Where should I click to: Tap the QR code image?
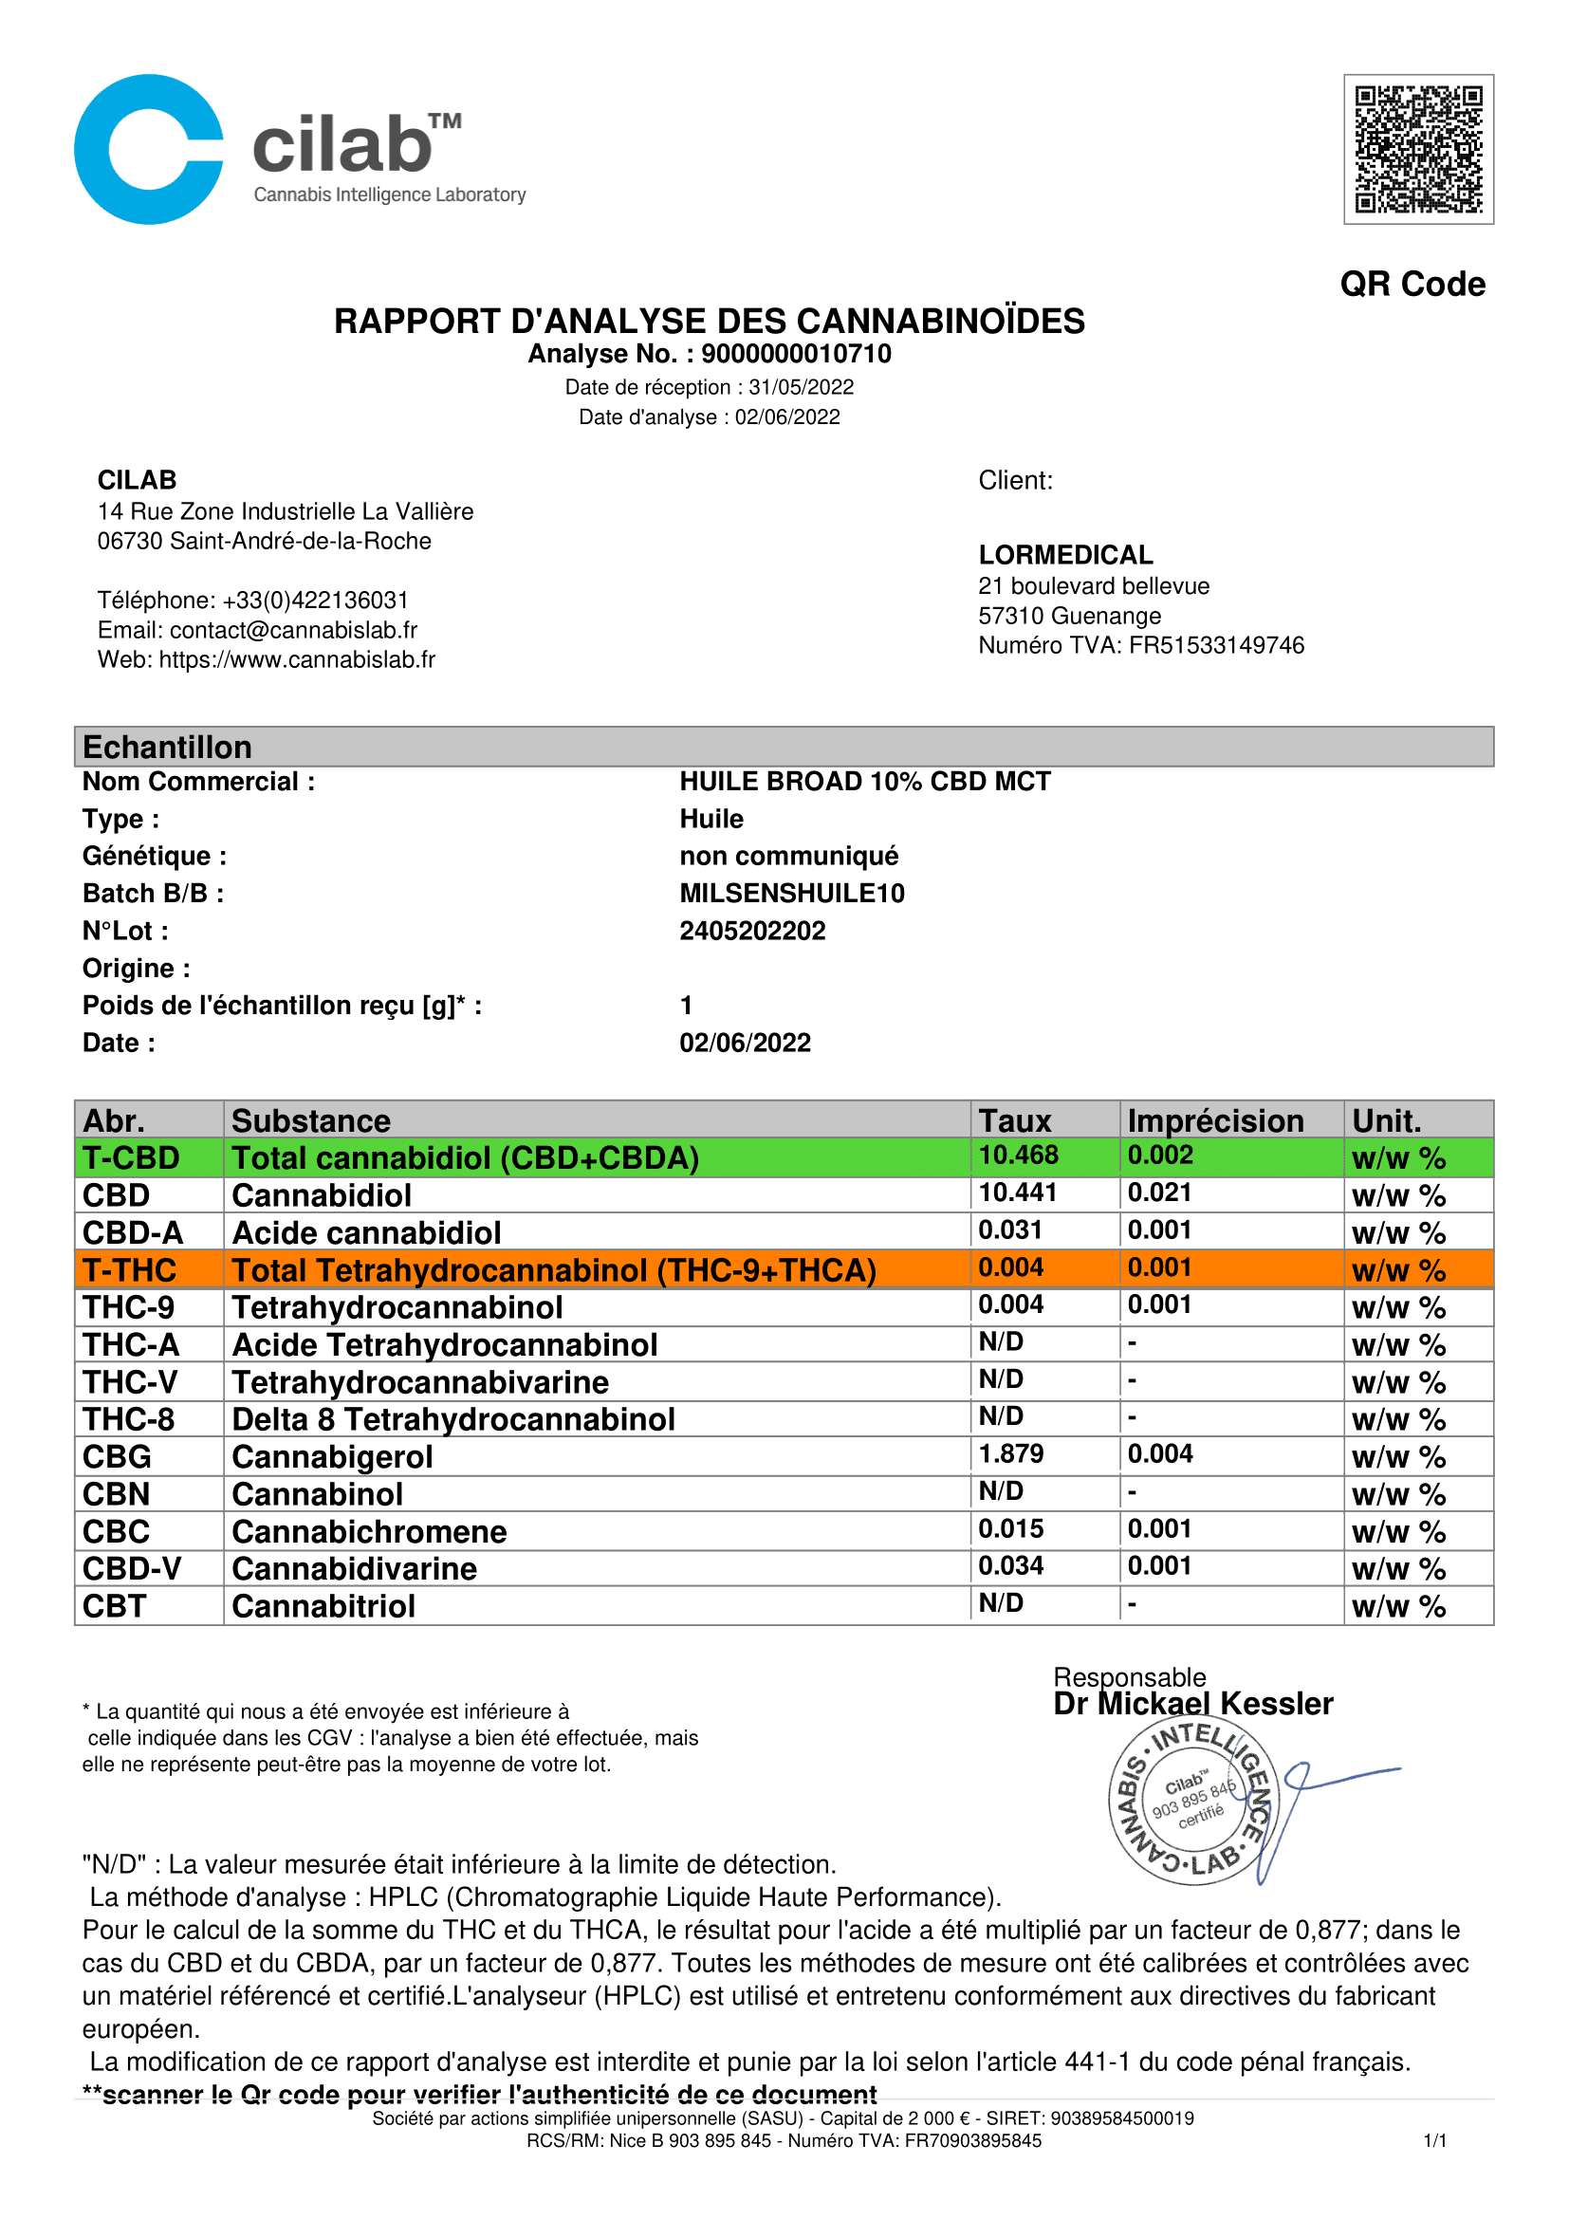click(x=1417, y=150)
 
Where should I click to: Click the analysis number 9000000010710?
click(x=796, y=354)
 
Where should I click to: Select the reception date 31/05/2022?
click(x=801, y=388)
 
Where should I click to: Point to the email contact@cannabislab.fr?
click(x=293, y=630)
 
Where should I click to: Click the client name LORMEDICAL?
click(x=1065, y=555)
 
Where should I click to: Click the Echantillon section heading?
click(x=167, y=747)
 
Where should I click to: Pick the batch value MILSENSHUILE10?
click(x=792, y=893)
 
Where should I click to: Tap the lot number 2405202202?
click(x=752, y=931)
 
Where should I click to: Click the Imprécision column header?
click(x=1215, y=1120)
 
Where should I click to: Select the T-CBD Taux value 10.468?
click(x=1018, y=1155)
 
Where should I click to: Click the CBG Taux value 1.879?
click(x=1010, y=1453)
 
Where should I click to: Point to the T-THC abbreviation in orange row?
click(x=129, y=1270)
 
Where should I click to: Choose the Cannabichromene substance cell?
click(x=369, y=1532)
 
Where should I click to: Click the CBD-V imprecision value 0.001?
click(x=1159, y=1565)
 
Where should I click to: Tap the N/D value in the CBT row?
click(x=1001, y=1603)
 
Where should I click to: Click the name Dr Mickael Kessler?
click(x=1193, y=1703)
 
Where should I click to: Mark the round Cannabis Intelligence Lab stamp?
click(x=1193, y=1803)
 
